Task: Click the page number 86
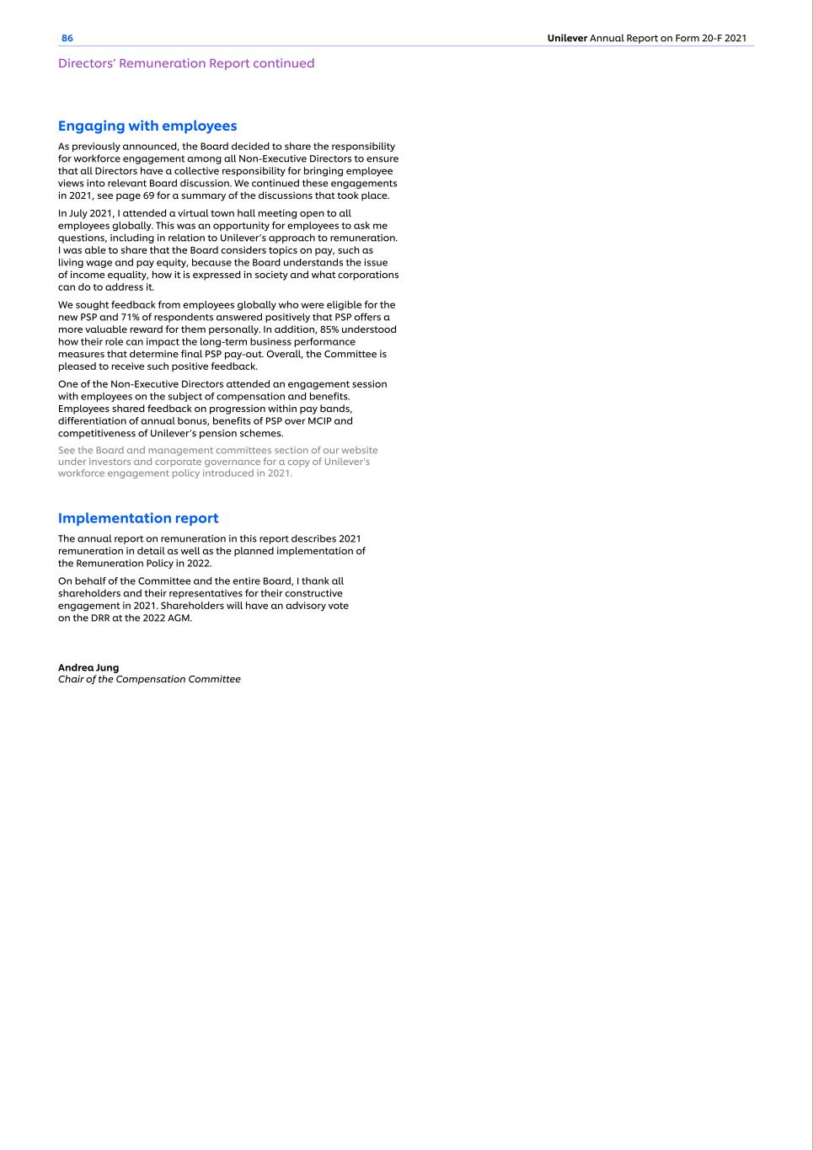[67, 39]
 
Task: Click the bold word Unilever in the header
[567, 39]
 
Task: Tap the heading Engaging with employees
[147, 126]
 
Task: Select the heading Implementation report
[138, 518]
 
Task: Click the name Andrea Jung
[88, 667]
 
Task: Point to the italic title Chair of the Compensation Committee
[149, 679]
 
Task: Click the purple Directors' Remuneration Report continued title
[186, 63]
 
